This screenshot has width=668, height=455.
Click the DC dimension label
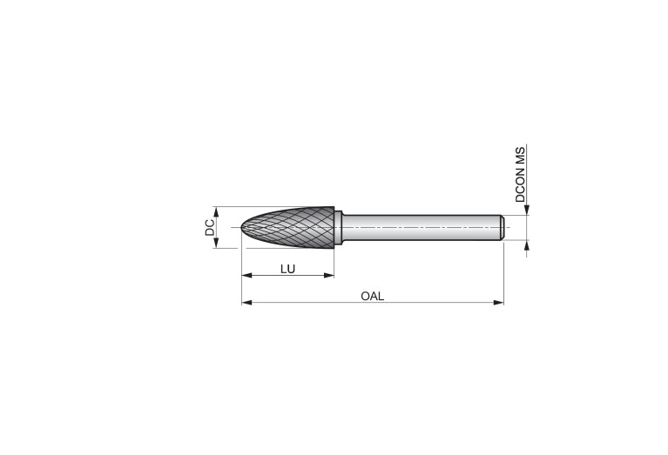point(210,227)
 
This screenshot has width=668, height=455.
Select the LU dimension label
point(287,269)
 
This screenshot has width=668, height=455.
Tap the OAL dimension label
point(373,297)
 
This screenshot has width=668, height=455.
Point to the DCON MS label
point(521,174)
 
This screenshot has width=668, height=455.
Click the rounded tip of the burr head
point(243,227)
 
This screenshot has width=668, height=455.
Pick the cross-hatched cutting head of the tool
point(287,227)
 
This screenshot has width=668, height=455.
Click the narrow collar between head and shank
point(338,227)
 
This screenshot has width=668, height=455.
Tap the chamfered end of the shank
point(503,227)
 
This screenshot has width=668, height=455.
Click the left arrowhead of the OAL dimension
point(246,303)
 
